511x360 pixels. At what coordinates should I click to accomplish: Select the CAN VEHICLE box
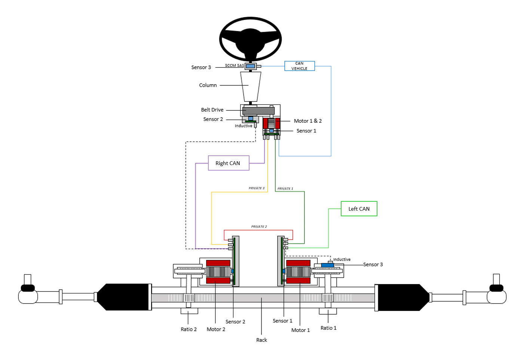pyautogui.click(x=299, y=66)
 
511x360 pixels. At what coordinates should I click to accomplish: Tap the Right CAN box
pyautogui.click(x=228, y=163)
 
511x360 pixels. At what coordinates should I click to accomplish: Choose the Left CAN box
pyautogui.click(x=359, y=209)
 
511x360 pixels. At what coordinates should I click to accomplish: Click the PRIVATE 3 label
pyautogui.click(x=256, y=188)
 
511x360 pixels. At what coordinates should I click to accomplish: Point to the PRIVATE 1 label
pyautogui.click(x=285, y=189)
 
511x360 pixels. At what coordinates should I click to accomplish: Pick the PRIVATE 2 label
pyautogui.click(x=259, y=227)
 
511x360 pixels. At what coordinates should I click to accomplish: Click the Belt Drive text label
pyautogui.click(x=212, y=110)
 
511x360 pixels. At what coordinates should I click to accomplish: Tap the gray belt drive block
pyautogui.click(x=258, y=111)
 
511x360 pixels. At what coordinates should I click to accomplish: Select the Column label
pyautogui.click(x=208, y=85)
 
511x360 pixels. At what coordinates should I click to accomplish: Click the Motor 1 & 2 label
pyautogui.click(x=307, y=121)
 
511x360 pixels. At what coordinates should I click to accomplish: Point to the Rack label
pyautogui.click(x=261, y=340)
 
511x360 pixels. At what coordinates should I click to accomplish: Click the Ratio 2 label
pyautogui.click(x=189, y=329)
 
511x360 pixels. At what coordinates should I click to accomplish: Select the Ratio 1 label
pyautogui.click(x=328, y=328)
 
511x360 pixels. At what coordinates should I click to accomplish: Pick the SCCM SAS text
pyautogui.click(x=234, y=65)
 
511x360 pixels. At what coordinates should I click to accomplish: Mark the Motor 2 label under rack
pyautogui.click(x=216, y=329)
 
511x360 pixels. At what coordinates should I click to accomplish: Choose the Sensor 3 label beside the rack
pyautogui.click(x=373, y=265)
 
